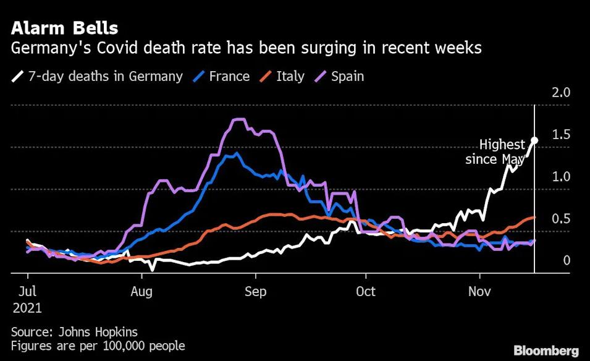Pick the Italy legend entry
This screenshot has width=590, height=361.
click(282, 77)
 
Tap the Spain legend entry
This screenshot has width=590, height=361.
click(339, 77)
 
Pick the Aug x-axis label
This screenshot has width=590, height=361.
click(141, 291)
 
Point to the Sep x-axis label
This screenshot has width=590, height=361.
click(255, 291)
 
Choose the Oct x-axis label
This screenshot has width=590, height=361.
click(366, 291)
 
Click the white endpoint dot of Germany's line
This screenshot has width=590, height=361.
click(534, 140)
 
